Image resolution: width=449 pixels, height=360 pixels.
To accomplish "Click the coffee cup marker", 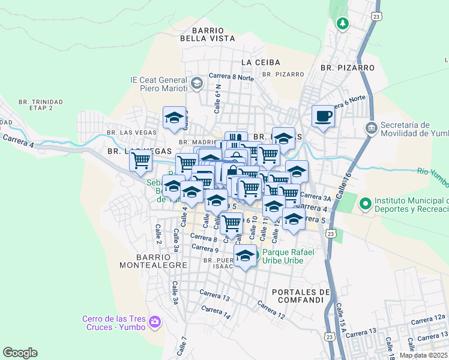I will (x=323, y=115).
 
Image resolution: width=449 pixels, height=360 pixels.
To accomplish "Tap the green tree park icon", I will (x=342, y=23).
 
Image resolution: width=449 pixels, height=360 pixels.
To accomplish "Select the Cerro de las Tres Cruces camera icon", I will (x=155, y=322).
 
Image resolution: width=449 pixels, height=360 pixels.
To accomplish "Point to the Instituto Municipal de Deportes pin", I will (x=365, y=205).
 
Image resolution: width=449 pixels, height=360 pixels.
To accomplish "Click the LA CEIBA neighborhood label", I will (x=258, y=62).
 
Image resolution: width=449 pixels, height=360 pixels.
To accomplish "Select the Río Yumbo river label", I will (x=433, y=175).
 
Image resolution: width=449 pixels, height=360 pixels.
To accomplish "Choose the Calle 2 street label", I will (x=158, y=234).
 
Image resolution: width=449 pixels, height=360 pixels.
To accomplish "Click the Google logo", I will (x=20, y=353).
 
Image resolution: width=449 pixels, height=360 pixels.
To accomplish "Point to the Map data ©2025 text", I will (x=424, y=355).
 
